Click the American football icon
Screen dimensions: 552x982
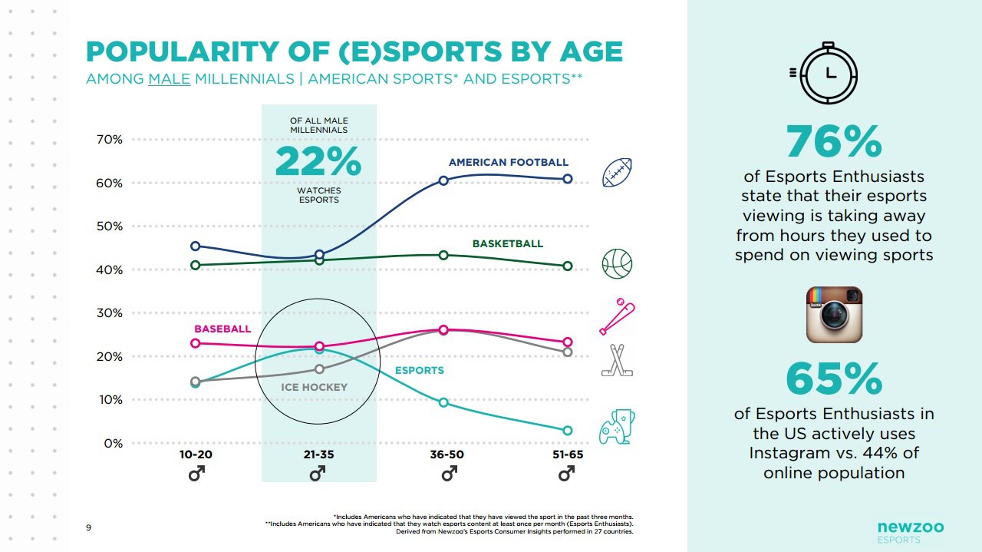pos(617,173)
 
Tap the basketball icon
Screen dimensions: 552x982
pos(617,263)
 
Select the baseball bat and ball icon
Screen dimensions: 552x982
pos(617,316)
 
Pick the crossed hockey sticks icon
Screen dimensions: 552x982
pos(617,360)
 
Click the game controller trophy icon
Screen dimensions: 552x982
pos(617,428)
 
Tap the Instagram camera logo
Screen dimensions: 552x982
pos(834,315)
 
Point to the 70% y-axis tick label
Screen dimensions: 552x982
pos(110,140)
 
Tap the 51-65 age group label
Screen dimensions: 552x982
pos(568,454)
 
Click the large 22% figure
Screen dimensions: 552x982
pos(318,161)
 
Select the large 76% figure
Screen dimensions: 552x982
pos(834,142)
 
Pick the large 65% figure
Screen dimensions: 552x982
pos(834,378)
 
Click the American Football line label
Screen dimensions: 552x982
pos(509,163)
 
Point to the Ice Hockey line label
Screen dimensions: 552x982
pos(314,388)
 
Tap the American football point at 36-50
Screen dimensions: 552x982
pos(443,180)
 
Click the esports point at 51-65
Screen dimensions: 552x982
pos(568,431)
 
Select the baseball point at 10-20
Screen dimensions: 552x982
pos(195,343)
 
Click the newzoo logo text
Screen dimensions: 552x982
pos(911,527)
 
